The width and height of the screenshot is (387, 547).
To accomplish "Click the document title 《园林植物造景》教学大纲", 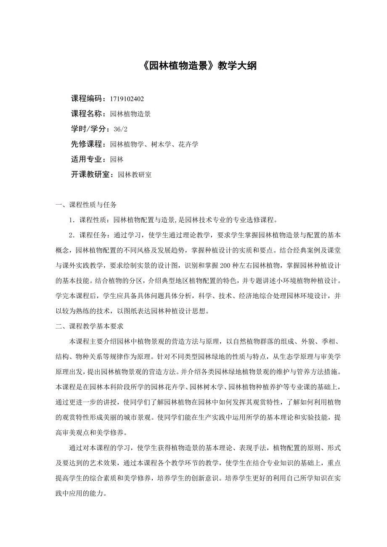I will [x=197, y=66].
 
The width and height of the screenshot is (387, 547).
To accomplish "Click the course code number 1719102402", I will [x=127, y=99].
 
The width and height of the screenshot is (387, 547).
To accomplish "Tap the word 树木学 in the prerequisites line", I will [x=161, y=144].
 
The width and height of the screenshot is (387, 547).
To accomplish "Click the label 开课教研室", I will [x=90, y=174].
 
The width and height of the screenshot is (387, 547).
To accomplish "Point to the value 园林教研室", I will [x=135, y=174].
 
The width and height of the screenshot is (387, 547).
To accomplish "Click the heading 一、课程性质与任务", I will [x=86, y=205].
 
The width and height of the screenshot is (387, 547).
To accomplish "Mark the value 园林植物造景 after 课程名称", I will [x=130, y=114].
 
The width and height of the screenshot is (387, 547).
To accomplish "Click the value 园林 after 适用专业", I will [x=117, y=159].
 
